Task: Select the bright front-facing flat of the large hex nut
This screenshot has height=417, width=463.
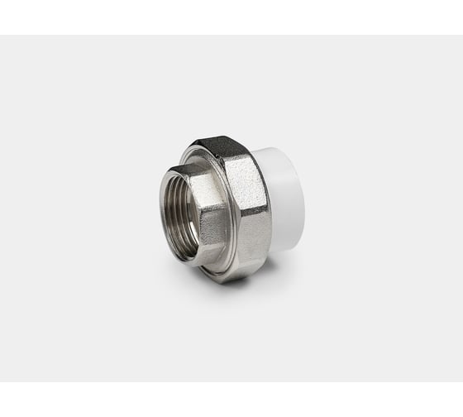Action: pyautogui.click(x=246, y=199)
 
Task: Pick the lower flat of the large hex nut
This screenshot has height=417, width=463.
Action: pyautogui.click(x=240, y=256)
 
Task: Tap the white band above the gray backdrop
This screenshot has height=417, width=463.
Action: pyautogui.click(x=231, y=17)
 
